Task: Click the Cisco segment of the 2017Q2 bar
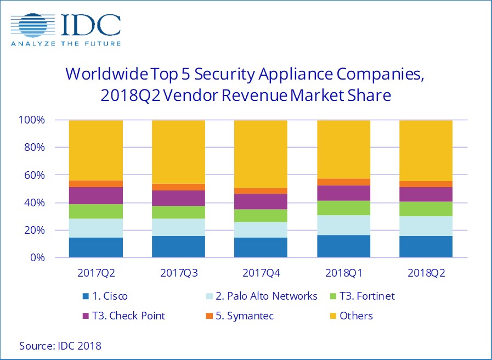tap(96, 247)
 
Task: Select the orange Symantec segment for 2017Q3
tap(178, 187)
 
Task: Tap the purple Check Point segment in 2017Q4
tap(261, 201)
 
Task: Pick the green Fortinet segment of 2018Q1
tap(343, 207)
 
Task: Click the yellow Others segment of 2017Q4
tap(261, 154)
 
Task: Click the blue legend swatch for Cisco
tap(86, 296)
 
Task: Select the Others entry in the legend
tap(356, 316)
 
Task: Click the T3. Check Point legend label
tap(130, 316)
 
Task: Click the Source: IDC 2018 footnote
tap(60, 346)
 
